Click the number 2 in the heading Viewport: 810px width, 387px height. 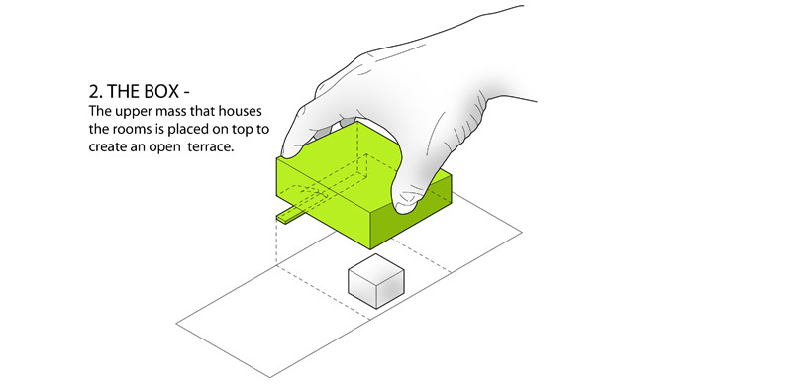coord(94,91)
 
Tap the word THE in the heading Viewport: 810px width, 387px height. coord(122,91)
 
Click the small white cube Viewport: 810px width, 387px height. coord(375,281)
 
